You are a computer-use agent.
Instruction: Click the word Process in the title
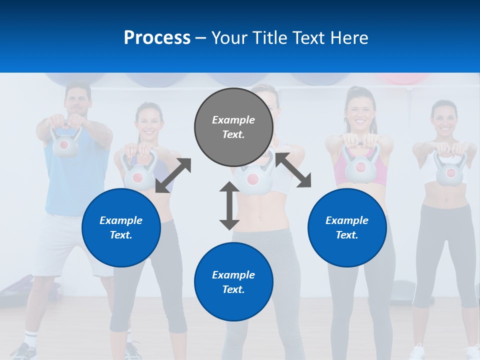tap(157, 37)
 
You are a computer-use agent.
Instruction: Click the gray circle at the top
tap(233, 127)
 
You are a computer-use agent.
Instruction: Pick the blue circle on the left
tap(121, 227)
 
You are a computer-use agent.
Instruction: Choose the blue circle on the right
tap(347, 227)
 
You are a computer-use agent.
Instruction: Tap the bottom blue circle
tap(233, 282)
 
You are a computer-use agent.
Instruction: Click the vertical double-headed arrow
tap(229, 205)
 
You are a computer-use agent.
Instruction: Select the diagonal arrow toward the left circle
tap(173, 175)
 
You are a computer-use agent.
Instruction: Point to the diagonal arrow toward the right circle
tap(292, 170)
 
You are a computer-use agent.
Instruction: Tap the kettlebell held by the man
tap(64, 143)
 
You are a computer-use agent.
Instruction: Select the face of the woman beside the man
tap(149, 121)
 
